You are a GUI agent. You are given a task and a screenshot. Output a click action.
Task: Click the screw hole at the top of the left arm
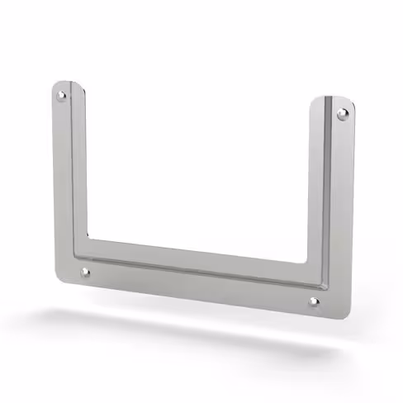point(61,97)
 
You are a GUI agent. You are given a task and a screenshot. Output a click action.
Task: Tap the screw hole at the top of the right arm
point(342,113)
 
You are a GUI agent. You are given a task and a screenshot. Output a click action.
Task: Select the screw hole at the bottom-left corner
point(85,271)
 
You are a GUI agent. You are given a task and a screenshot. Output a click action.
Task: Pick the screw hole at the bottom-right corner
point(314,302)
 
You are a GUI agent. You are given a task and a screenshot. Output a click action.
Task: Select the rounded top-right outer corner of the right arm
point(352,102)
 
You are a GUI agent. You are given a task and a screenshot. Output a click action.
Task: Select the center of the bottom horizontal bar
point(198,271)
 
